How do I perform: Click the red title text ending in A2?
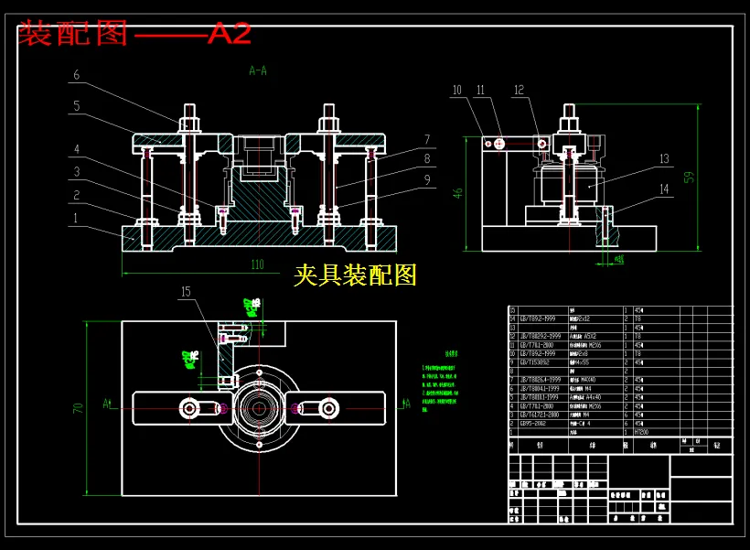134,34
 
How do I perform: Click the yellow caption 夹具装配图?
355,275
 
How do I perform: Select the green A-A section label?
258,70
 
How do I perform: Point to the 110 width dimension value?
257,264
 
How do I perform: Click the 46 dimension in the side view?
459,193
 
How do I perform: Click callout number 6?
77,75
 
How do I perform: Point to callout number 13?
664,159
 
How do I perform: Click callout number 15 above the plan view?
186,292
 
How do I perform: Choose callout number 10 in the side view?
457,90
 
